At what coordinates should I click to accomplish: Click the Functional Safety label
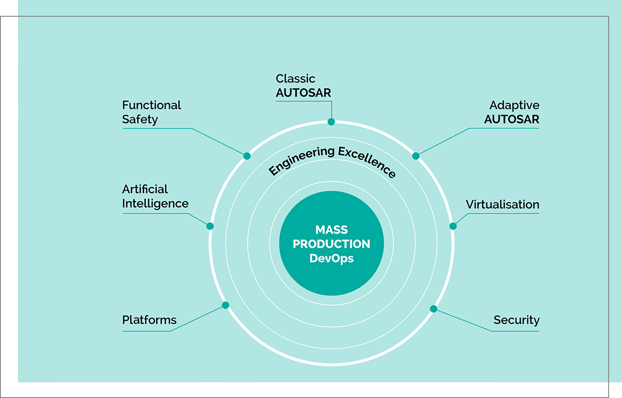coord(152,112)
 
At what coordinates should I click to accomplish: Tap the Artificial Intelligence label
coord(155,196)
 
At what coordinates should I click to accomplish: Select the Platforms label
coord(149,320)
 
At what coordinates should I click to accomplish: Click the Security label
coord(516,320)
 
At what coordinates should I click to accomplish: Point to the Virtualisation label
coord(502,205)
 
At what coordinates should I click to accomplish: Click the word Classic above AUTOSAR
coord(295,78)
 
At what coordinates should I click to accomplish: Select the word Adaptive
coord(514,105)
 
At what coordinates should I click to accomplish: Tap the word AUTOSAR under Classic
coord(304,93)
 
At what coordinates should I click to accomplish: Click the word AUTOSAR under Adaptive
coord(512,119)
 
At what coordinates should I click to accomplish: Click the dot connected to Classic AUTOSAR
coord(331,122)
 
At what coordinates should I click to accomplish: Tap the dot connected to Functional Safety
coord(247,156)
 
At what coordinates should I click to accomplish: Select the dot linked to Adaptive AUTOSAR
coord(416,156)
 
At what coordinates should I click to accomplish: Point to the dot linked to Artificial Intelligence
coord(210,226)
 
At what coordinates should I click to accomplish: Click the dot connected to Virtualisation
coord(453,226)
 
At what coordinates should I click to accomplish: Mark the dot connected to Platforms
coord(225,305)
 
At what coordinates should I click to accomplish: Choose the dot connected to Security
coord(433,309)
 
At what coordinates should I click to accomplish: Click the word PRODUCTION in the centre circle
coord(331,244)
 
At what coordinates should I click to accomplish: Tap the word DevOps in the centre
coord(331,259)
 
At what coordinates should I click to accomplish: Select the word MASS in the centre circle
coord(331,230)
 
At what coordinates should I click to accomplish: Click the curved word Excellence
coord(367,161)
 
